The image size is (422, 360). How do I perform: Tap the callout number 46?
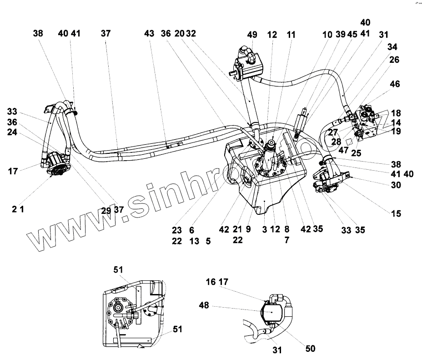(x=395, y=84)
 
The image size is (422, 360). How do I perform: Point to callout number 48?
(x=204, y=305)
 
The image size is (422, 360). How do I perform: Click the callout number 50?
(x=310, y=349)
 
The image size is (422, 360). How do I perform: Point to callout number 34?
(x=392, y=46)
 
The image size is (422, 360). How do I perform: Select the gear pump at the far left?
(x=57, y=166)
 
